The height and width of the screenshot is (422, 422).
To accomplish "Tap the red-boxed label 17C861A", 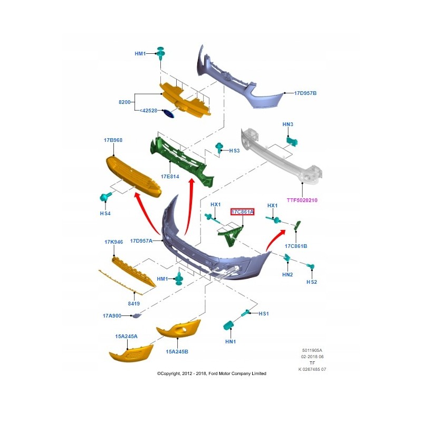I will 243,212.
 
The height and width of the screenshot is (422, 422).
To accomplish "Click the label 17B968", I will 113,140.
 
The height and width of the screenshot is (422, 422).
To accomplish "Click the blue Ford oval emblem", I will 168,114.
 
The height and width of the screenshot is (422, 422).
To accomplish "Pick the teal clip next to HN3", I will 292,139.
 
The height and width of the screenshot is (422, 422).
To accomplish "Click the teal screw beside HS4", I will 104,197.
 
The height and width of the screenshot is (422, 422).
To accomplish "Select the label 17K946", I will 113,242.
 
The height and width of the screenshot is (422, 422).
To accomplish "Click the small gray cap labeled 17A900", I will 137,315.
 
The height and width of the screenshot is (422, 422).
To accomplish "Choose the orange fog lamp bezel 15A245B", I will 178,329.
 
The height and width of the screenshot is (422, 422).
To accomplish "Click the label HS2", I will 312,282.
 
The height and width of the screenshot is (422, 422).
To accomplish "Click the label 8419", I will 133,304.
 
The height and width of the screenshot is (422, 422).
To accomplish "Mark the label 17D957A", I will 141,241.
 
